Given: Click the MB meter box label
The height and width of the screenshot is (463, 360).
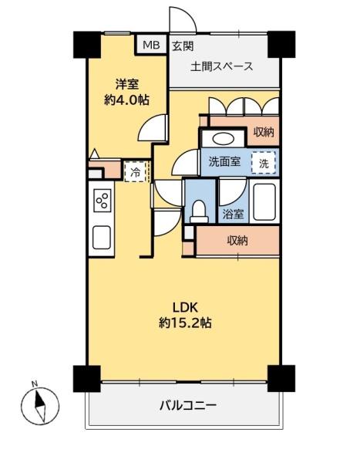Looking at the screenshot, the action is coord(151,45).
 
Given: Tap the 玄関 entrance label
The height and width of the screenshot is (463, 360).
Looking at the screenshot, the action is coord(183,46).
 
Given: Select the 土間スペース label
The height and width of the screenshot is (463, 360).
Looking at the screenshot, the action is coord(222,66).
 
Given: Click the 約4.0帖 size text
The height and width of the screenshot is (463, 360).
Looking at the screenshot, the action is coord(126,100).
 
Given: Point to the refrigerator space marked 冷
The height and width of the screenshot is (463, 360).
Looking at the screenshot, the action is coord(136,172).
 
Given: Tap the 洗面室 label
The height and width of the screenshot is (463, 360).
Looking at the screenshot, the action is coord(224,161).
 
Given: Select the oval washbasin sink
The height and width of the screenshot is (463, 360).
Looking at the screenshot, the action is coord(223,139).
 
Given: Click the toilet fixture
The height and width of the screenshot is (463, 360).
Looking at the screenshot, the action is coord(199,211).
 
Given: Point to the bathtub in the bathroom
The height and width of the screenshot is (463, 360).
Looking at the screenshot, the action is coord(264,202).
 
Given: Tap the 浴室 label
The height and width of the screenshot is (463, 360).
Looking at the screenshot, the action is coord(233,214).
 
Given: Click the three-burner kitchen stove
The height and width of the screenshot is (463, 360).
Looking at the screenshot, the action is coord(103,201).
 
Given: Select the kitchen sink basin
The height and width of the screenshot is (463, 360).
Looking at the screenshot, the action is coord(102,238).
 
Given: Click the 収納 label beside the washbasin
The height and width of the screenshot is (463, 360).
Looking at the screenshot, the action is coord(264,132).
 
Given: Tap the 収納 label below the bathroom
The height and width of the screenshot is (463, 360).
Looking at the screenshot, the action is coord(237,241).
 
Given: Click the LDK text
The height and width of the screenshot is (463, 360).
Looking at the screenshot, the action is coord(185,308).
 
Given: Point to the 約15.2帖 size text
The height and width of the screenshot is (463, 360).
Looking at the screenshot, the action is coord(185,323).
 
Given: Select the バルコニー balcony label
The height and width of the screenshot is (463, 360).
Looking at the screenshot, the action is coord(188,405).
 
